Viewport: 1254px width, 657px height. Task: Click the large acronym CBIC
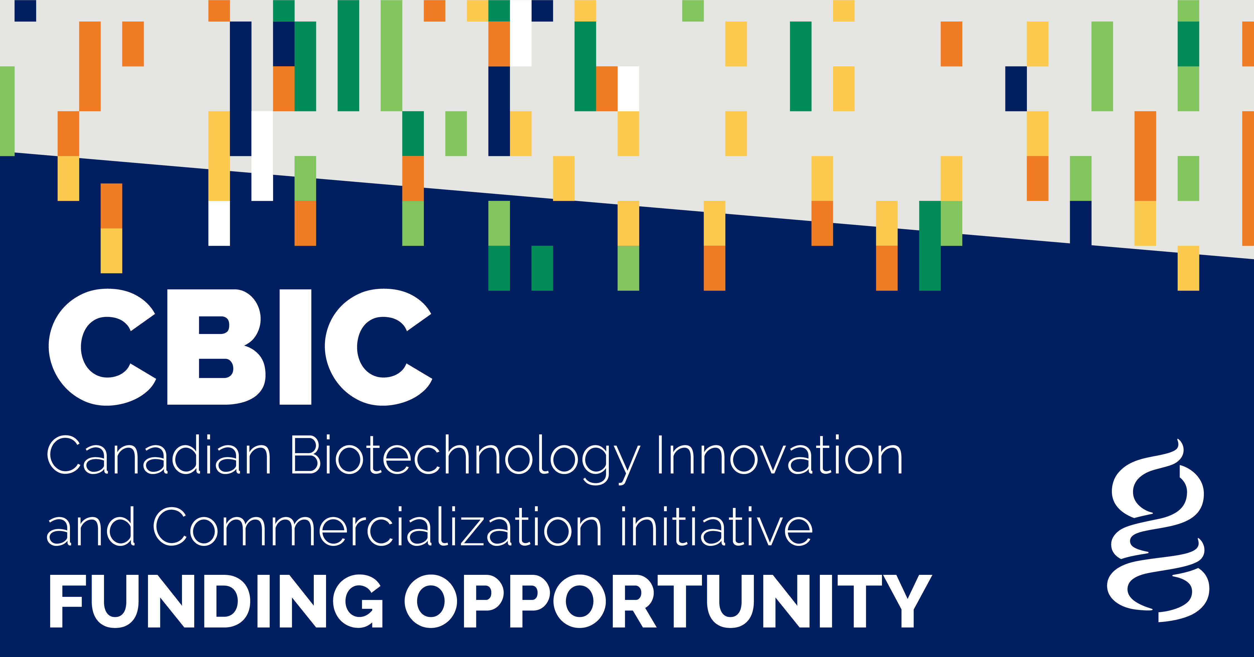pos(240,347)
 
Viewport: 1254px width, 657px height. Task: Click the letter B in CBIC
pos(216,347)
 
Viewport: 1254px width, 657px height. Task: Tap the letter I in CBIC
pos(295,347)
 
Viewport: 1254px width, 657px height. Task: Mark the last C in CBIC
pos(378,347)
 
